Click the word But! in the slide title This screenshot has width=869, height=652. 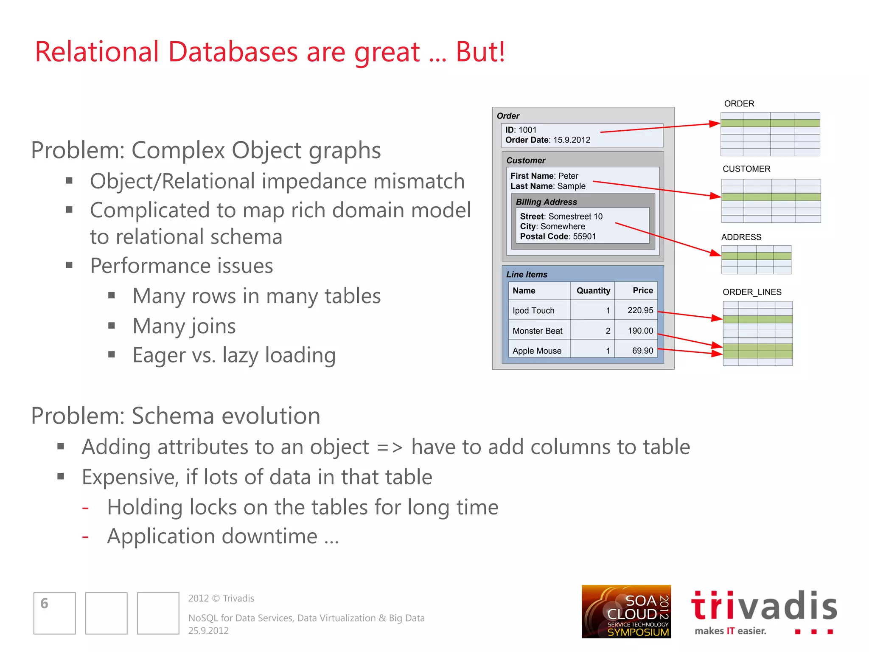click(x=480, y=52)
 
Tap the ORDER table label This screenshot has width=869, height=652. click(x=739, y=104)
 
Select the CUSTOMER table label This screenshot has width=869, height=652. click(x=746, y=169)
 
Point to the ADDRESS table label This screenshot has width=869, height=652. click(x=741, y=237)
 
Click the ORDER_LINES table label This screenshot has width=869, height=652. click(x=752, y=292)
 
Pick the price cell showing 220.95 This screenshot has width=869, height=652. click(x=640, y=310)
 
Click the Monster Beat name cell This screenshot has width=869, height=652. click(x=537, y=331)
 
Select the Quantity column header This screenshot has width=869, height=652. click(x=593, y=291)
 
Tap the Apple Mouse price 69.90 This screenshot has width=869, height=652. click(x=642, y=351)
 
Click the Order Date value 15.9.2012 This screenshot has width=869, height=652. click(x=572, y=140)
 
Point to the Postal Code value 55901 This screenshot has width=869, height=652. click(x=584, y=236)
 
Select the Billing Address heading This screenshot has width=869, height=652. click(x=546, y=202)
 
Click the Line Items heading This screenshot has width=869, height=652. click(x=527, y=275)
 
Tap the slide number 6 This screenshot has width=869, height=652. click(x=45, y=603)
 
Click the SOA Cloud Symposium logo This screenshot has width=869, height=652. click(x=626, y=611)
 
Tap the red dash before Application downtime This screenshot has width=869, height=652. click(x=86, y=537)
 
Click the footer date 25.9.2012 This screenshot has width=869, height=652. click(x=208, y=631)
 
